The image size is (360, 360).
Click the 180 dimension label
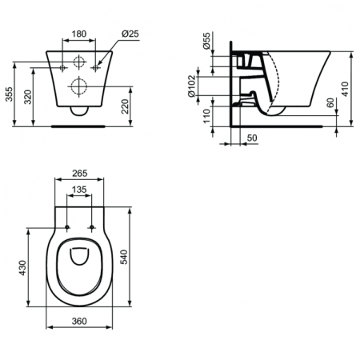click(78, 35)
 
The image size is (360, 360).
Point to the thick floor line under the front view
click(78, 126)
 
